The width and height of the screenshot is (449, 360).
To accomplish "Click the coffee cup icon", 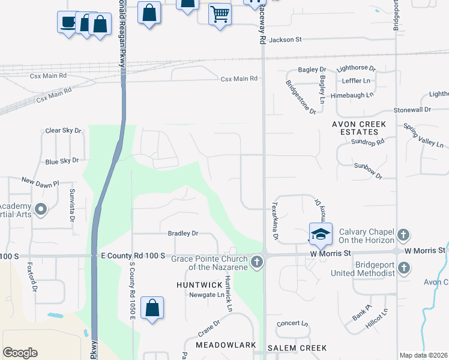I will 67,22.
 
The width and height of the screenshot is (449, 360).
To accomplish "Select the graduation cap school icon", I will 321,233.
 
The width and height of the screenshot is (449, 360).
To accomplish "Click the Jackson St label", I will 285,40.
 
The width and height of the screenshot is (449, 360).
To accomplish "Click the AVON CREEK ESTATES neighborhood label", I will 359,129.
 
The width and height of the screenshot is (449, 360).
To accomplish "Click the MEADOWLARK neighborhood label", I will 226,346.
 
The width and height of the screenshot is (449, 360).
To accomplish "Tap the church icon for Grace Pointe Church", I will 257,261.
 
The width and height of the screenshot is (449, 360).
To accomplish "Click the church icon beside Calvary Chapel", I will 404,233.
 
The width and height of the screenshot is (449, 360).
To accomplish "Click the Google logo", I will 20,353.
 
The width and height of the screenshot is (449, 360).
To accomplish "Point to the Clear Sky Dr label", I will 63,130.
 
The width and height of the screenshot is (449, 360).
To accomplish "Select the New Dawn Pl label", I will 40,181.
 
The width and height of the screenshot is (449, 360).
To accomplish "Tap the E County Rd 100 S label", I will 133,256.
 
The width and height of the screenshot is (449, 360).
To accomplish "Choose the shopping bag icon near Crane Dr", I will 152,308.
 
